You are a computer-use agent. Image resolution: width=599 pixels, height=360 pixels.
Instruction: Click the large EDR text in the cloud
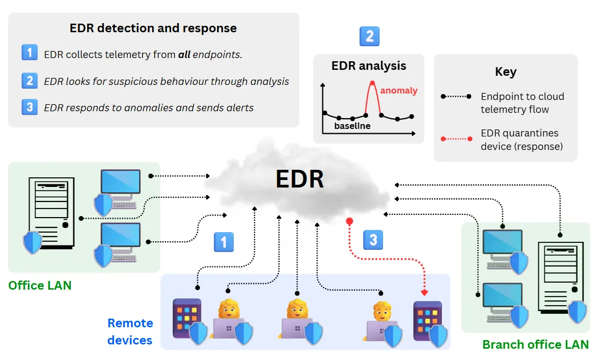[300, 179]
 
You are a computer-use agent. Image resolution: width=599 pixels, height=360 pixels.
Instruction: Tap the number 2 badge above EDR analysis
[369, 37]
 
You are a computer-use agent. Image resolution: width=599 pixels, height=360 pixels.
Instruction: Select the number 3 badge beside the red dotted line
[373, 239]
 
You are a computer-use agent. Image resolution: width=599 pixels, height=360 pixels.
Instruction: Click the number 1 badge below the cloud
[223, 242]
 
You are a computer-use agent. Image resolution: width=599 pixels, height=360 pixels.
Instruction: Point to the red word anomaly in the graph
[399, 90]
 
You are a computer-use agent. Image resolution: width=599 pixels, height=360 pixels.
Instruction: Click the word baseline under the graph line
[352, 126]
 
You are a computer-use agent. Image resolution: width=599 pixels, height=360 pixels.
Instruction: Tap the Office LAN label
[40, 285]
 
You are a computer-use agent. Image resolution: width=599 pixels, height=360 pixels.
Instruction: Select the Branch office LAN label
[535, 344]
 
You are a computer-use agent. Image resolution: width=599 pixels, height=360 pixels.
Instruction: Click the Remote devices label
[130, 332]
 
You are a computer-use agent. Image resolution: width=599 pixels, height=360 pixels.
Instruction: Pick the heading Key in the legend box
[506, 72]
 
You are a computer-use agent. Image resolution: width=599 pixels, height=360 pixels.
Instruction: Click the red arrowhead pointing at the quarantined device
[424, 293]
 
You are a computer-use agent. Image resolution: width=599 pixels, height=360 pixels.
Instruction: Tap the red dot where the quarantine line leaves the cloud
[349, 221]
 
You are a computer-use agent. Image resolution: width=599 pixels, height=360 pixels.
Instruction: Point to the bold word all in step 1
[184, 54]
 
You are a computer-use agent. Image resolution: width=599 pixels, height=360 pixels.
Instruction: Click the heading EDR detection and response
[153, 28]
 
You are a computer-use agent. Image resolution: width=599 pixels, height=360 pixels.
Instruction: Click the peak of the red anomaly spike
[372, 82]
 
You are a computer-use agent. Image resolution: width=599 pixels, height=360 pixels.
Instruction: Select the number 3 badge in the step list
[30, 106]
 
